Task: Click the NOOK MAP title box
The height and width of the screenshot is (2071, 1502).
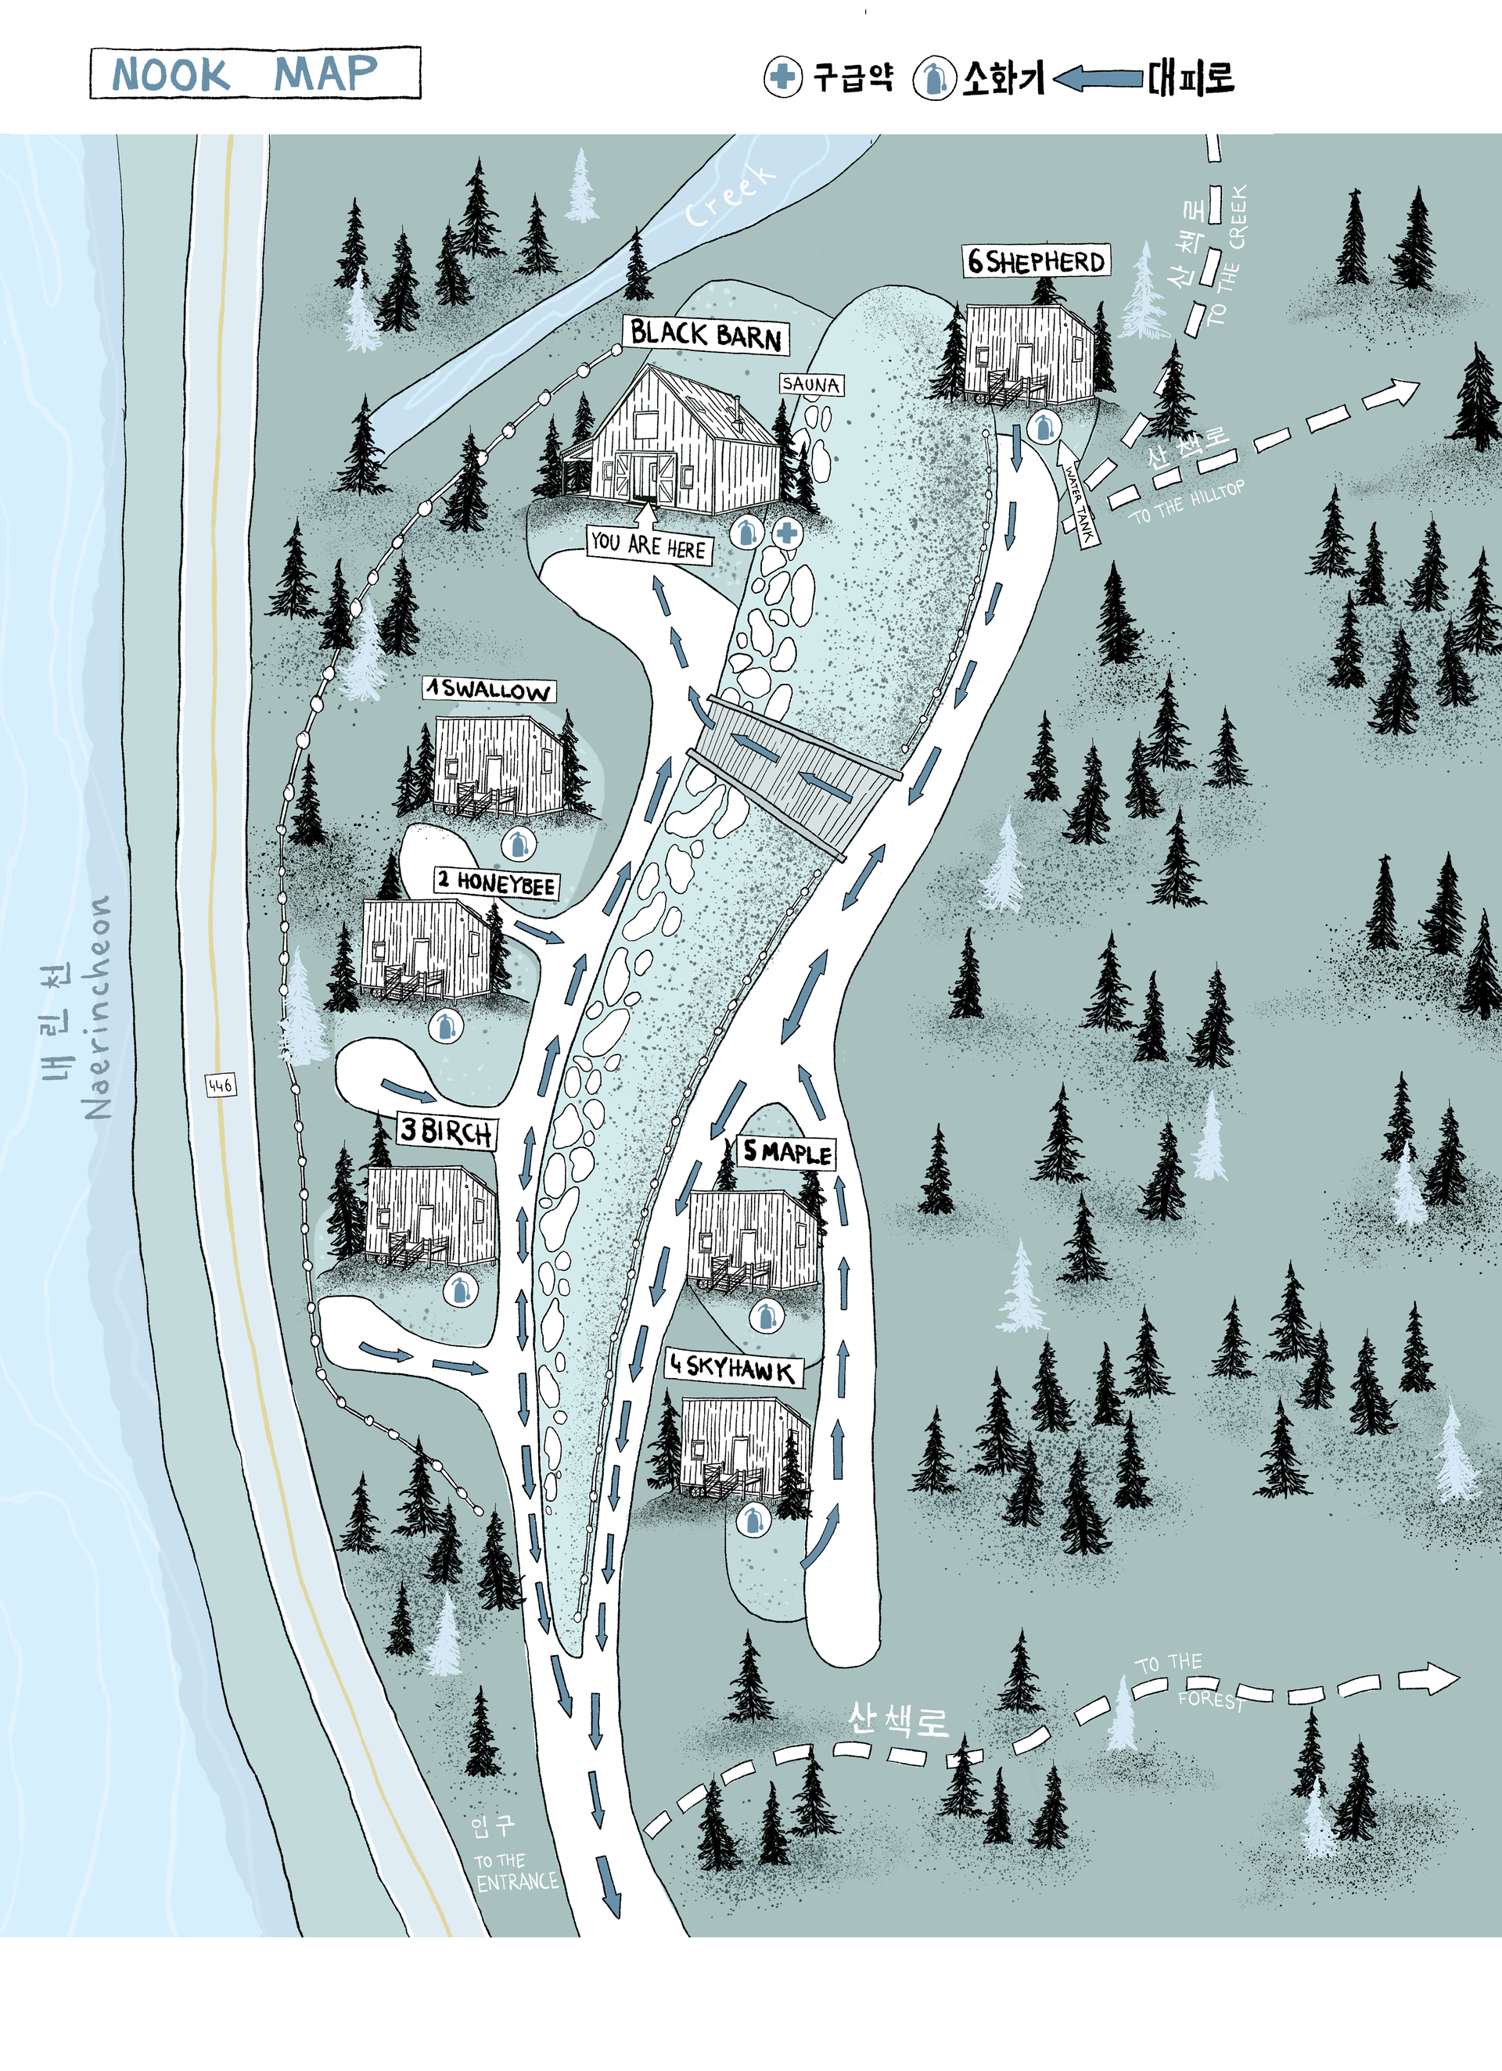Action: click(x=255, y=73)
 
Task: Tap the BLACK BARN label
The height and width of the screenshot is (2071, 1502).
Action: click(x=706, y=335)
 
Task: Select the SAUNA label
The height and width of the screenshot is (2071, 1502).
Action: click(x=810, y=385)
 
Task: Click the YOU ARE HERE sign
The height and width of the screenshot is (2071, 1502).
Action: click(x=648, y=545)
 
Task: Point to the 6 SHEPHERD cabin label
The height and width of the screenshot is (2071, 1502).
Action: click(x=1036, y=262)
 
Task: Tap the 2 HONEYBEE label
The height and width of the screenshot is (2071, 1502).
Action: click(x=496, y=881)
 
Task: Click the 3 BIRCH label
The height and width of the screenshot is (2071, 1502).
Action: click(x=447, y=1132)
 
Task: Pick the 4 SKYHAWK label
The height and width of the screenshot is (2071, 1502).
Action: click(x=731, y=1367)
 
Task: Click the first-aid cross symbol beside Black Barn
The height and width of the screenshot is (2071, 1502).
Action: click(x=787, y=533)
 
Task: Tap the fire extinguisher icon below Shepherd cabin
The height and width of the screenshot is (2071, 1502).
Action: click(x=1043, y=425)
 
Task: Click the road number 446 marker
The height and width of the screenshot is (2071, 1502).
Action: click(x=220, y=1085)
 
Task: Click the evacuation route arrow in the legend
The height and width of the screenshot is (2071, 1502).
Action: click(x=1099, y=80)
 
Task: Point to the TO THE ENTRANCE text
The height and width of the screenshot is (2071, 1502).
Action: click(x=516, y=1871)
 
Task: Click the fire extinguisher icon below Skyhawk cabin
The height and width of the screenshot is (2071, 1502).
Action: click(x=753, y=1520)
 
